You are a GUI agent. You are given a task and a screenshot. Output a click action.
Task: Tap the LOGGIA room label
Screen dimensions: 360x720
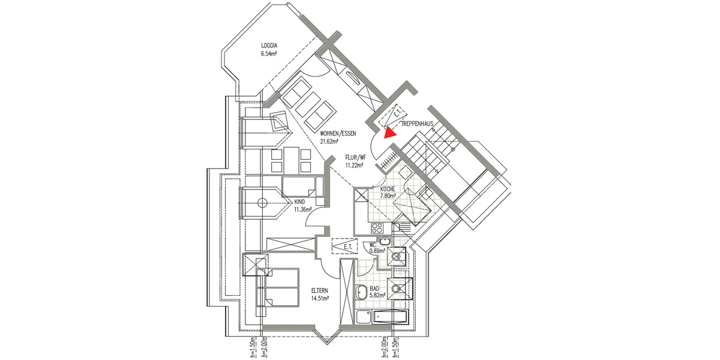click(x=269, y=46)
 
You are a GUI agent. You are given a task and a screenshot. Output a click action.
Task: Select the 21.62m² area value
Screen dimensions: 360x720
click(x=329, y=142)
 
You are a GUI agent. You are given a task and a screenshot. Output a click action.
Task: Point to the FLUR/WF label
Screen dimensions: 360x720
click(x=355, y=158)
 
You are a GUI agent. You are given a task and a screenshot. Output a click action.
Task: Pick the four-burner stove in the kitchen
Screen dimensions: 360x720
click(x=378, y=228)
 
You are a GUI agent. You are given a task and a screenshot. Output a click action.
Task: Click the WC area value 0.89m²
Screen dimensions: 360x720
click(x=377, y=251)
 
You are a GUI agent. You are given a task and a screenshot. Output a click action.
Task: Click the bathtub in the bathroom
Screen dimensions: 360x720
click(x=392, y=318)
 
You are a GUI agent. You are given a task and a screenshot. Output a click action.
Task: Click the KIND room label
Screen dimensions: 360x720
click(x=299, y=202)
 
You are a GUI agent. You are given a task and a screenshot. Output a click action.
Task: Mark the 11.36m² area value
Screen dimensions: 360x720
click(x=302, y=210)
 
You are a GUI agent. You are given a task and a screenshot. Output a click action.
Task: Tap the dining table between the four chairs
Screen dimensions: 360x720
click(x=290, y=160)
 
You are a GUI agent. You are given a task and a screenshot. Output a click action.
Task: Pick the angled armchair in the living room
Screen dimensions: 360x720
click(x=280, y=122)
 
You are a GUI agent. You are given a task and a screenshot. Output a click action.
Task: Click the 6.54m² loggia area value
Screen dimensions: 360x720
click(x=269, y=54)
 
